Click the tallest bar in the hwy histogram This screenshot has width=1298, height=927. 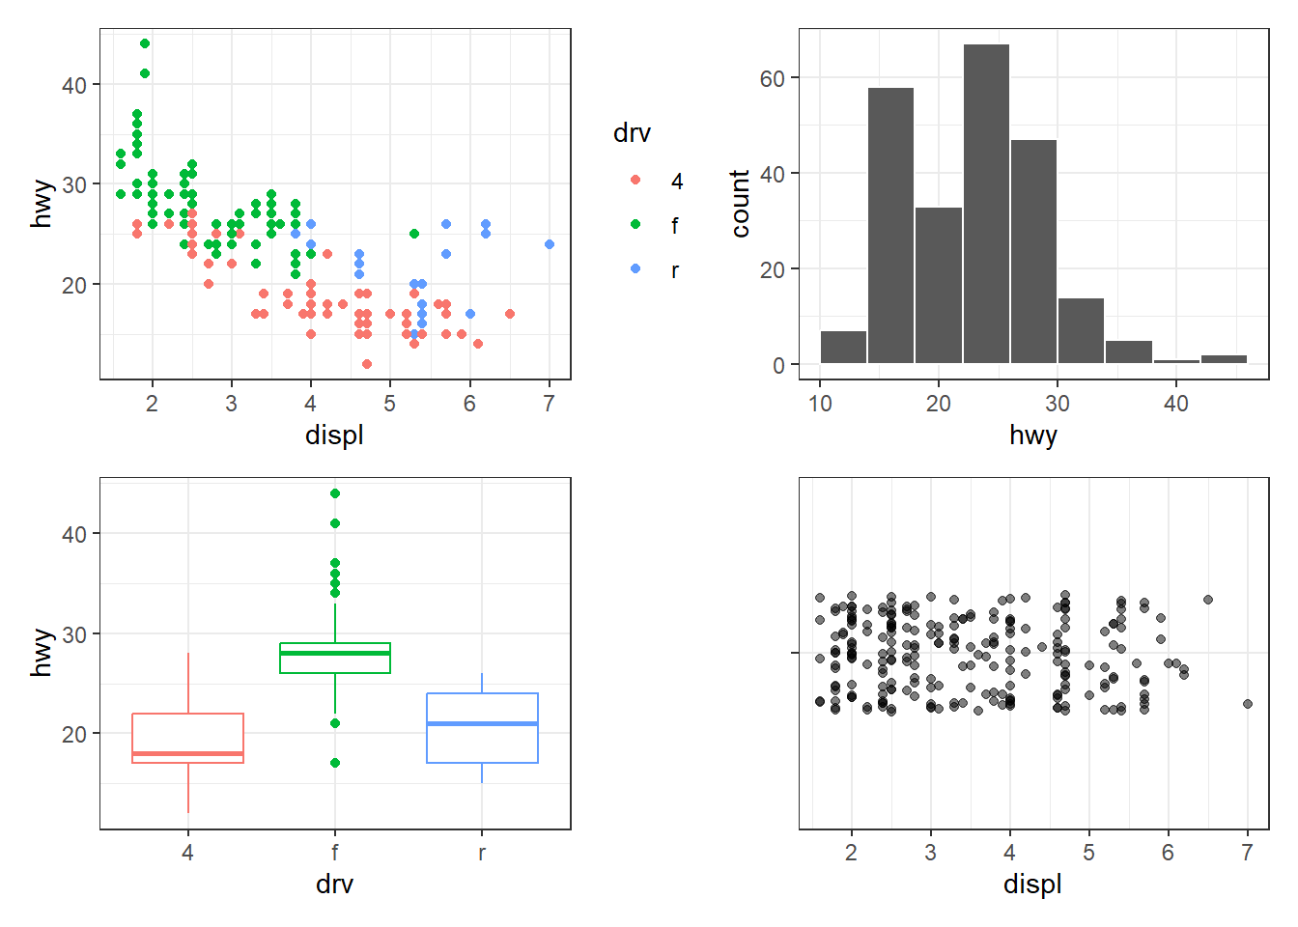click(x=986, y=204)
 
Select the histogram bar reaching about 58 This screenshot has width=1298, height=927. click(x=890, y=225)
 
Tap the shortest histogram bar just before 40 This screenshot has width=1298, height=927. click(x=1175, y=361)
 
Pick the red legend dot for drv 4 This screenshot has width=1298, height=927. click(x=635, y=180)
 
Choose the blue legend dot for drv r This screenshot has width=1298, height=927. click(x=635, y=268)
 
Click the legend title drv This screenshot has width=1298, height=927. click(x=632, y=133)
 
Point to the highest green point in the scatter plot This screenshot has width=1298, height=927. click(x=145, y=43)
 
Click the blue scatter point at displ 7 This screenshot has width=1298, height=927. click(x=550, y=244)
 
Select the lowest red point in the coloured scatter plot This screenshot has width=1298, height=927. click(x=367, y=364)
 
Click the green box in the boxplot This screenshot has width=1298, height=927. click(x=335, y=659)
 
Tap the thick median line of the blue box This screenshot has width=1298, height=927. click(x=482, y=723)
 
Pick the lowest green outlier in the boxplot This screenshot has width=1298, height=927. click(x=335, y=763)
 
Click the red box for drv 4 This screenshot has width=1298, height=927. click(x=187, y=738)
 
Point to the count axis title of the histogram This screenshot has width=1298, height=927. click(x=741, y=203)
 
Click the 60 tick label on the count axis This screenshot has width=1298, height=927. click(x=772, y=78)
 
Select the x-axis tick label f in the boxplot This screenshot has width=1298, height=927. click(x=335, y=853)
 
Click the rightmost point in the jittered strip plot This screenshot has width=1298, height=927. click(x=1248, y=704)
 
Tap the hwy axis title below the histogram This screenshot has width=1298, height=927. click(x=1032, y=435)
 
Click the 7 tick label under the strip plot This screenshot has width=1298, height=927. click(x=1247, y=853)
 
